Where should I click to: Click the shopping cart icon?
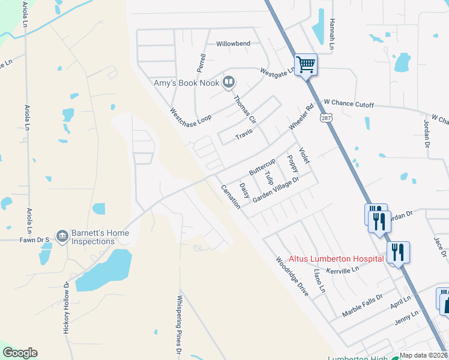click(306, 64)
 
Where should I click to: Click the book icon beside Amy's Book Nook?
click(228, 82)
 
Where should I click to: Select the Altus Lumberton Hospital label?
click(336, 259)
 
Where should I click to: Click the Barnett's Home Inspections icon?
click(62, 236)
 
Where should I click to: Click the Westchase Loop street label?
click(190, 114)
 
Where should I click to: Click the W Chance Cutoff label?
click(349, 104)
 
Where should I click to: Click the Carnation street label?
click(231, 196)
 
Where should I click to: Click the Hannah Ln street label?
click(331, 37)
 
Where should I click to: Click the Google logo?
click(20, 353)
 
